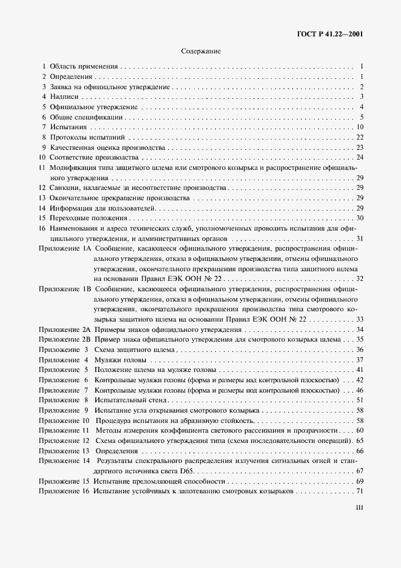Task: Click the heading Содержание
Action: pos(201,52)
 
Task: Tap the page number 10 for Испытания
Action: pos(359,127)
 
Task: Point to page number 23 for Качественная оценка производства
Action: pos(359,147)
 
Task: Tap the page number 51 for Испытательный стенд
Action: pos(359,401)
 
